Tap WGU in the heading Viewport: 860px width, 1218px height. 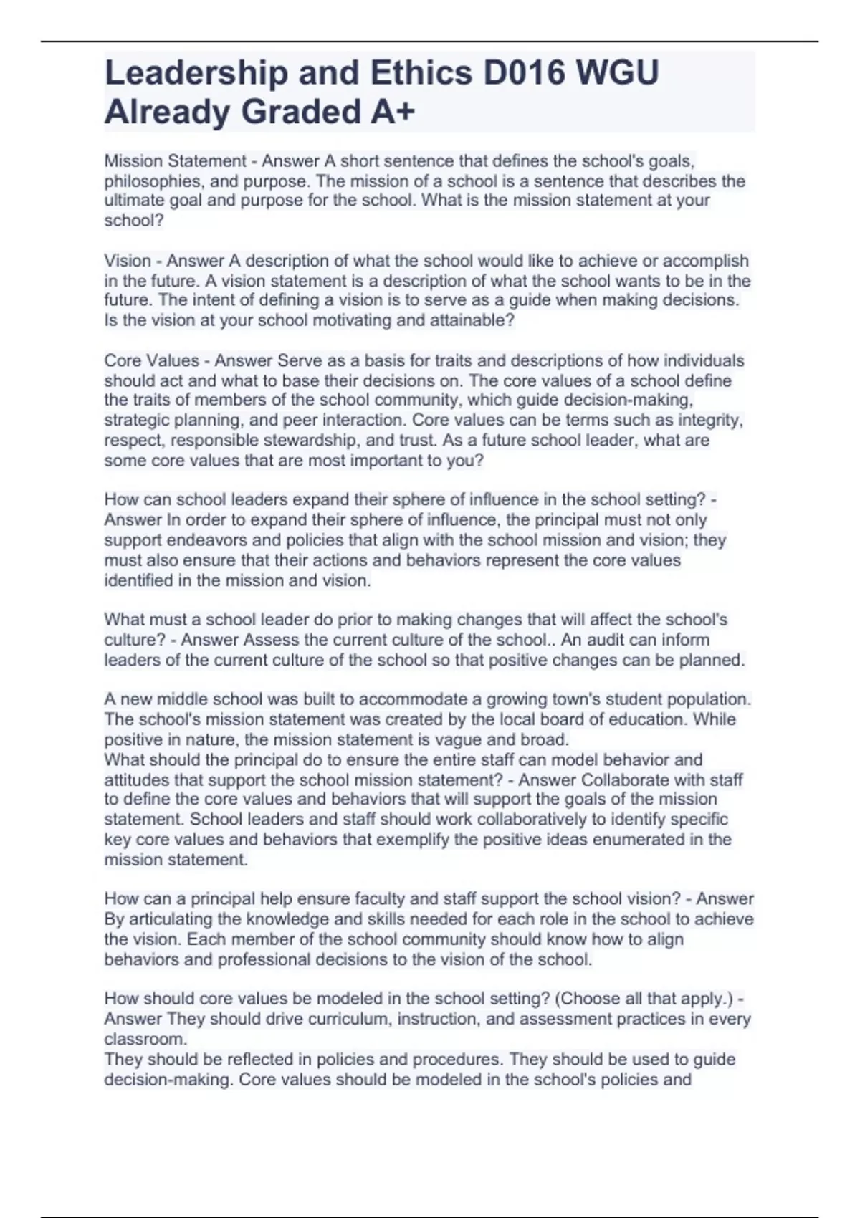pos(618,73)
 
